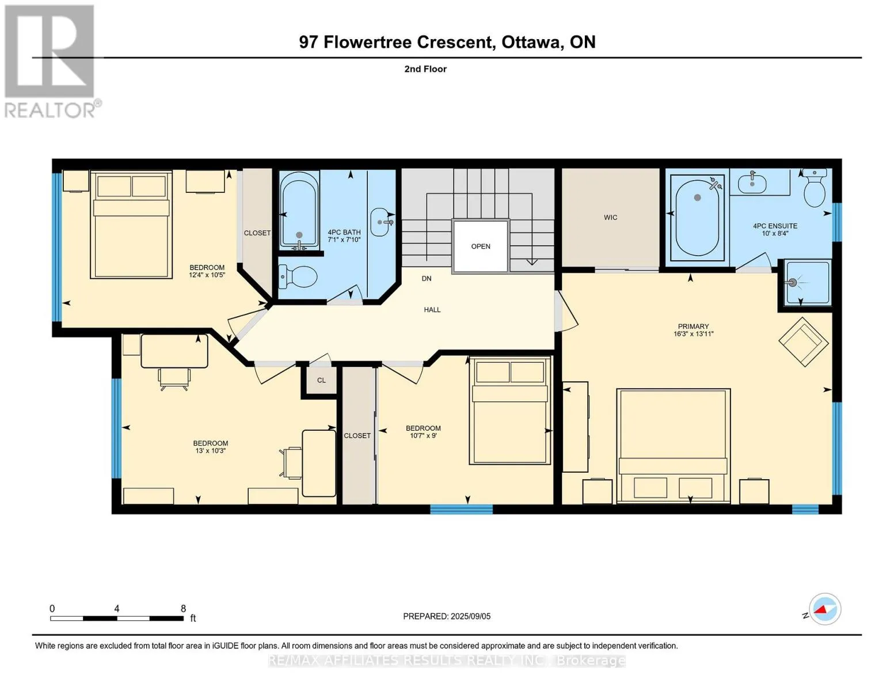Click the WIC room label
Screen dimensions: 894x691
click(x=610, y=217)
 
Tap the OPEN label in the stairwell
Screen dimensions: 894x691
click(x=481, y=246)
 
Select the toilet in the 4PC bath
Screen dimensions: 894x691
click(x=298, y=275)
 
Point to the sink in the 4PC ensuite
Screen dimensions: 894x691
click(x=752, y=183)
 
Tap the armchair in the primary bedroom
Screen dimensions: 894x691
click(x=803, y=341)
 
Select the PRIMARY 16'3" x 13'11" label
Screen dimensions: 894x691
click(x=693, y=330)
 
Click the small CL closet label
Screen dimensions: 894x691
click(x=321, y=380)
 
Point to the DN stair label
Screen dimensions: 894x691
click(x=426, y=279)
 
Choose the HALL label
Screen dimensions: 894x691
click(x=432, y=309)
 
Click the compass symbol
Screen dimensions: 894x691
click(x=824, y=609)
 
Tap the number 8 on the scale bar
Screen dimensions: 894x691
click(x=183, y=608)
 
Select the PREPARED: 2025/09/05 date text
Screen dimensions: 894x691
click(x=447, y=616)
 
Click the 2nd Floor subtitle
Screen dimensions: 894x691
click(x=425, y=69)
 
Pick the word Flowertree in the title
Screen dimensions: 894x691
click(x=367, y=42)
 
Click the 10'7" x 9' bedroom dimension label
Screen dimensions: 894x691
click(x=423, y=435)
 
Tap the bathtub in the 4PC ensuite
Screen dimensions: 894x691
click(x=697, y=218)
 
